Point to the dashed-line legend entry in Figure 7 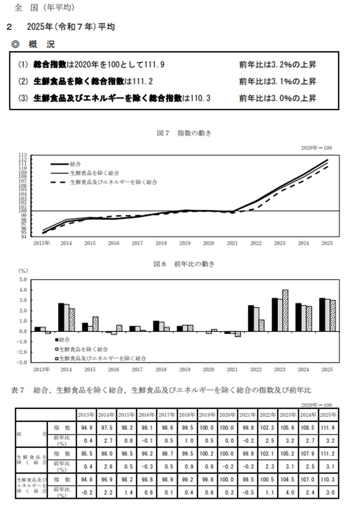click(x=105, y=182)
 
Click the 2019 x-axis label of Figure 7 click(x=184, y=244)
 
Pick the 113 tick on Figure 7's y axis click(x=23, y=156)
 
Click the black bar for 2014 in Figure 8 click(x=61, y=317)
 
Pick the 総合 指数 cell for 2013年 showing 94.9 click(x=86, y=427)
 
